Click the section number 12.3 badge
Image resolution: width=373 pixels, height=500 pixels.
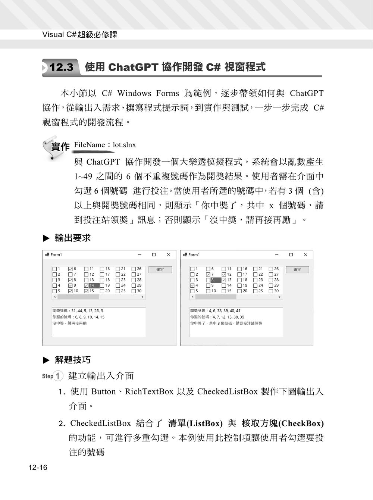pos(61,68)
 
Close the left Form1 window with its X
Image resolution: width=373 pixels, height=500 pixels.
pos(168,254)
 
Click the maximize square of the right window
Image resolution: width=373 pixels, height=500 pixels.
pos(291,254)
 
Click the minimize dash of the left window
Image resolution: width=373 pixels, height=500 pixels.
pos(140,254)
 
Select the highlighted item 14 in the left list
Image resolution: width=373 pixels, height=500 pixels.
pos(94,285)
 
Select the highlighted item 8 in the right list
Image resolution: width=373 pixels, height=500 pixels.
pos(215,280)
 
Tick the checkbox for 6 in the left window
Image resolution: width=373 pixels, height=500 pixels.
pos(70,269)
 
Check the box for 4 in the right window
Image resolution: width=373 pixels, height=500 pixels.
pos(192,285)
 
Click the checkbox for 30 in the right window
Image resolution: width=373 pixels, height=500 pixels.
pos(271,291)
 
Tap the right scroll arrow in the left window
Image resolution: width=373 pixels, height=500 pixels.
pos(142,297)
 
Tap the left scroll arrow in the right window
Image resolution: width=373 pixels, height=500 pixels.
pos(192,297)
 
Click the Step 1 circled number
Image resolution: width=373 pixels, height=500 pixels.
pos(58,376)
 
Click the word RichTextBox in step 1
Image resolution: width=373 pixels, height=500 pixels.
pos(149,391)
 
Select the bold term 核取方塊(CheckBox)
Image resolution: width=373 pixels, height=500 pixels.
pos(283,423)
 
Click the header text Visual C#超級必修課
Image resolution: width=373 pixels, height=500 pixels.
pos(80,35)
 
